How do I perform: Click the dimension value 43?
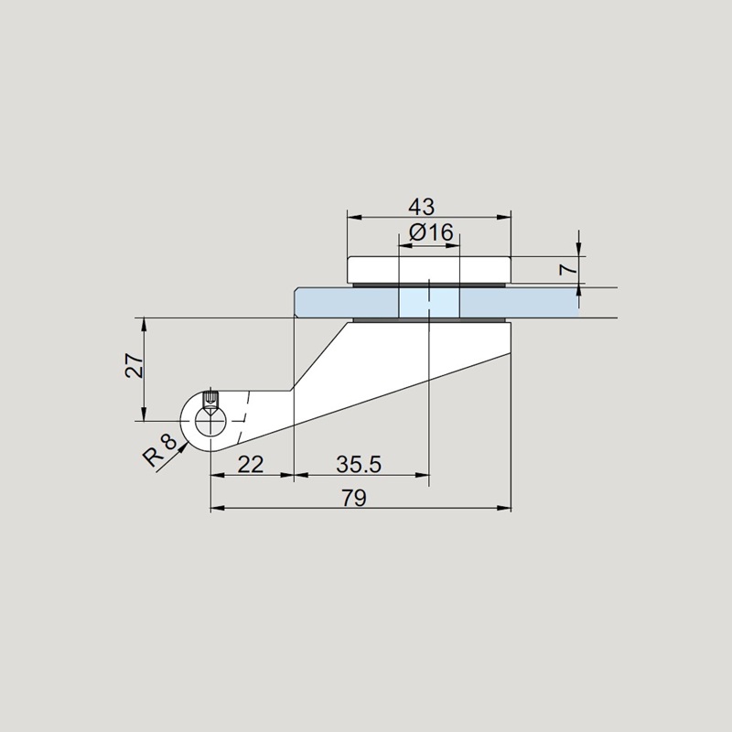point(421,207)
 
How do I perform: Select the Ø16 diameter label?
point(431,232)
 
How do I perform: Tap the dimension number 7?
point(568,269)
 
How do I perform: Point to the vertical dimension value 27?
point(134,365)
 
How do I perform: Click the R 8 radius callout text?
point(160,450)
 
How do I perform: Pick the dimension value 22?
point(251,465)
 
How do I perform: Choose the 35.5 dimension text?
point(359,465)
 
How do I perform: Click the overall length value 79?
point(354,498)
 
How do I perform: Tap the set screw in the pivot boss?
point(211,400)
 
